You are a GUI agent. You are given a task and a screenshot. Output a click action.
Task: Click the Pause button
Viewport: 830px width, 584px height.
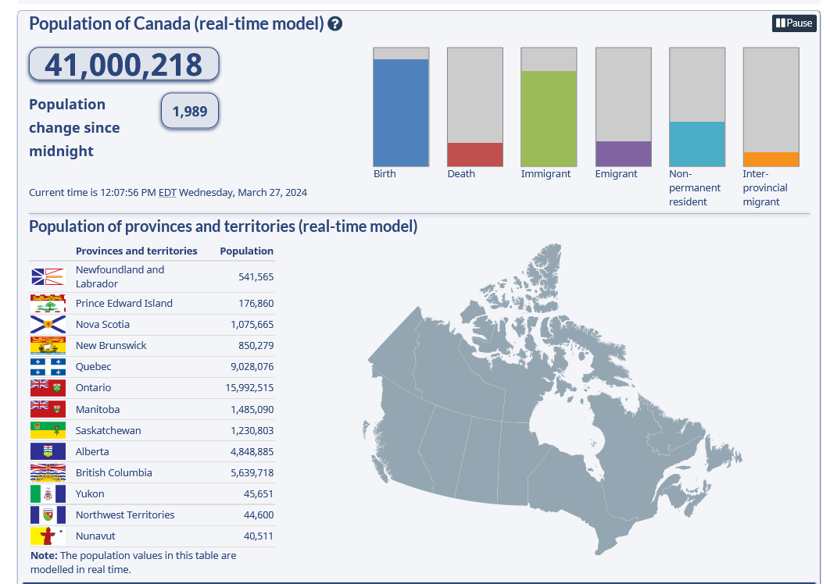pos(794,23)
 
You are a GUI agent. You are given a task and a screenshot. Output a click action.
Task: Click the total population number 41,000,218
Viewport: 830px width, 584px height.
pos(123,65)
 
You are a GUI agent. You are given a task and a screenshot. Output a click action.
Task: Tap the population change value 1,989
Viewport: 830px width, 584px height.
pos(189,112)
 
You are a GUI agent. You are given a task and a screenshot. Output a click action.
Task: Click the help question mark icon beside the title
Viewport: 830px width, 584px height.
pos(335,24)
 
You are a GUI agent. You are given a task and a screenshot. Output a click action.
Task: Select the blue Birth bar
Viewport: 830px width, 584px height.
pos(401,112)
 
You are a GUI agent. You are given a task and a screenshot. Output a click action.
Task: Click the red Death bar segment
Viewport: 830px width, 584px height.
pos(474,155)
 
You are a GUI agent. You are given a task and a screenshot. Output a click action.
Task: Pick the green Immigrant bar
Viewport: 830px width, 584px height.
pos(549,118)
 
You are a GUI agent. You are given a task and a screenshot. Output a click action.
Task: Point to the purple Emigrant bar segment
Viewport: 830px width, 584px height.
pos(623,154)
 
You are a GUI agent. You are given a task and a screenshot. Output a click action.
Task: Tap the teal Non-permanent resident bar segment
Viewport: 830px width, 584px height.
pos(697,144)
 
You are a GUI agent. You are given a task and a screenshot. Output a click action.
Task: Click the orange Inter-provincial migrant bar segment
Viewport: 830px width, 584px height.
pos(771,159)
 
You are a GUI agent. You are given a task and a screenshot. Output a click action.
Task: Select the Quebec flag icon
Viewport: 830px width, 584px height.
pos(48,367)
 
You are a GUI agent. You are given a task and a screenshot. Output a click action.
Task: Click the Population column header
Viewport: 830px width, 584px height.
pos(246,251)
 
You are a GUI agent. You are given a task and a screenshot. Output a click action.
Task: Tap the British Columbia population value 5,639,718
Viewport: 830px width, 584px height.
pos(252,473)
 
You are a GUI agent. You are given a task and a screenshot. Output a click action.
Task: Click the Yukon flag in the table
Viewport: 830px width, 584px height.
pos(48,494)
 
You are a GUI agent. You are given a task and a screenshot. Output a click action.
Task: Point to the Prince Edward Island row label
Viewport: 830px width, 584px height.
pos(123,304)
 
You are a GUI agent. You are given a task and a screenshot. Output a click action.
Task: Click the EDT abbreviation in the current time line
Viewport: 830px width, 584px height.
pos(167,193)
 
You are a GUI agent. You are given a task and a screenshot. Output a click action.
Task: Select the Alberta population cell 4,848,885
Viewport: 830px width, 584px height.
pos(252,452)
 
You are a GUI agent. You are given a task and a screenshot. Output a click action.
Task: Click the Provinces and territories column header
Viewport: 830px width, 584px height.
pos(136,251)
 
